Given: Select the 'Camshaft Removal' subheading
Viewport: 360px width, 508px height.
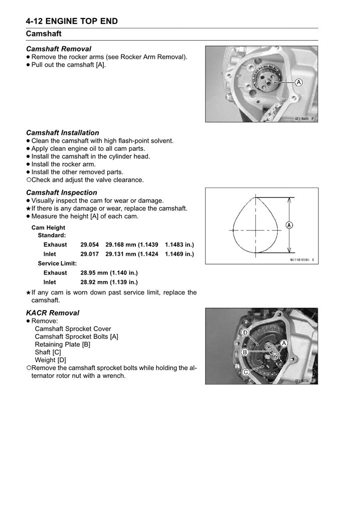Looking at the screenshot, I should point(59,49).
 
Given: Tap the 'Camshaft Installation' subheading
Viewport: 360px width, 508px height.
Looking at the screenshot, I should point(63,133).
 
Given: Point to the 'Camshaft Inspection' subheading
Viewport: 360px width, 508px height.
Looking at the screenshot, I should point(62,192).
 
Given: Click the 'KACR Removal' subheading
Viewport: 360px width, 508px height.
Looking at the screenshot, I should point(53,313).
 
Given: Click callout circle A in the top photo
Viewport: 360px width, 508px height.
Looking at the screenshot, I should point(298,82).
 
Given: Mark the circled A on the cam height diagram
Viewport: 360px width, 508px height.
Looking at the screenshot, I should point(289,225).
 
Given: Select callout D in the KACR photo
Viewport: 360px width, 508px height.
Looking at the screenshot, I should point(246,333).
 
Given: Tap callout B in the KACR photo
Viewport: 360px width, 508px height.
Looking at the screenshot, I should point(245,353).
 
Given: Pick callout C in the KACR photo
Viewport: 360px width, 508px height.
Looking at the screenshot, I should point(246,371).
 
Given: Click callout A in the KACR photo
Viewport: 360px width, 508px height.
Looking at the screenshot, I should point(284,343).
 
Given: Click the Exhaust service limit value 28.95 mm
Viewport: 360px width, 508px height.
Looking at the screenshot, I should point(109,273).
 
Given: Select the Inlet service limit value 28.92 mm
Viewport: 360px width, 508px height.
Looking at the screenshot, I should point(109,282).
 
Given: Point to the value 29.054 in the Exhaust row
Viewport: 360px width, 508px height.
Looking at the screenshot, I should point(90,245).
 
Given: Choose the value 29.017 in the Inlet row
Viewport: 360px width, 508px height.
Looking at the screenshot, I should point(90,254).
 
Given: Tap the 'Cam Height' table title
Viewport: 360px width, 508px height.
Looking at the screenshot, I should point(48,228).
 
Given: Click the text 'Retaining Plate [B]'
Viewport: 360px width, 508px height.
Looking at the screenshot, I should point(63,345).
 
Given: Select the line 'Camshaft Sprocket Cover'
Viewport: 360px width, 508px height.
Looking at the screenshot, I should point(73,329).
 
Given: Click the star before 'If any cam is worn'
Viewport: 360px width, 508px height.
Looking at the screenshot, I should point(28,293).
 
